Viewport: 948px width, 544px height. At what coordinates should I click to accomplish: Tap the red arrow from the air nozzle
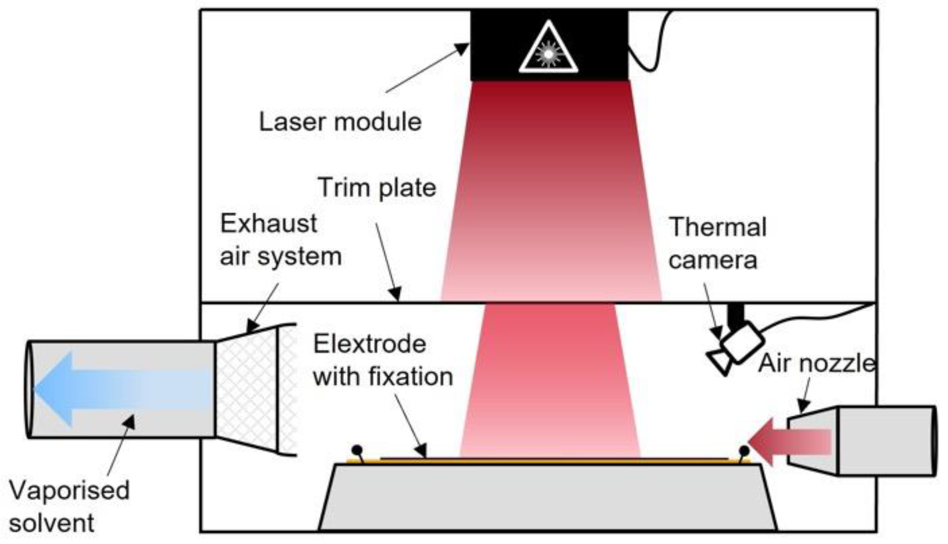[x=789, y=442]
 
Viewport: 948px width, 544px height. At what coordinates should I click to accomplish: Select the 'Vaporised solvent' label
[x=69, y=506]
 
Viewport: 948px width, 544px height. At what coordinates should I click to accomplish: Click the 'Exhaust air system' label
[x=281, y=240]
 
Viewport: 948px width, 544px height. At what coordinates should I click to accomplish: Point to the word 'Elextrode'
[x=370, y=344]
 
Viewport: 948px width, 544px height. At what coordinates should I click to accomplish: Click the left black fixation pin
[x=357, y=450]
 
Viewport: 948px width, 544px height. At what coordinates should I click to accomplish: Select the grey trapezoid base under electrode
[x=548, y=497]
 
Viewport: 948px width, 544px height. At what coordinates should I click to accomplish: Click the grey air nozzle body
[x=886, y=441]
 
